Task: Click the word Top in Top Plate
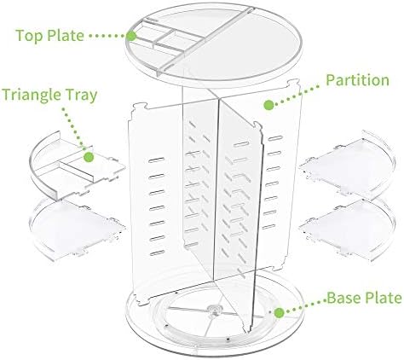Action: click(30, 36)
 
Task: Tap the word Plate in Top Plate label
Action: click(66, 35)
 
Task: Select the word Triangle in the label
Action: click(32, 95)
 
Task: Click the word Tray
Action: click(82, 96)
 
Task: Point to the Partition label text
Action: click(357, 80)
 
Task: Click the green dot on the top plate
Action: click(131, 36)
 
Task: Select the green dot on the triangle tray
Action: click(89, 157)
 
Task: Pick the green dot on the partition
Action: click(268, 105)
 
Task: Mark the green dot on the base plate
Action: click(280, 313)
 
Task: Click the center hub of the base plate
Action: click(214, 310)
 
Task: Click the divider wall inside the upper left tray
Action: click(76, 171)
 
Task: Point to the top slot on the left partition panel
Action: click(156, 160)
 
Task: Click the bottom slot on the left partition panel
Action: click(157, 253)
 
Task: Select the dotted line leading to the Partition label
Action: click(297, 96)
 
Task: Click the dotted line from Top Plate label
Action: click(107, 36)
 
